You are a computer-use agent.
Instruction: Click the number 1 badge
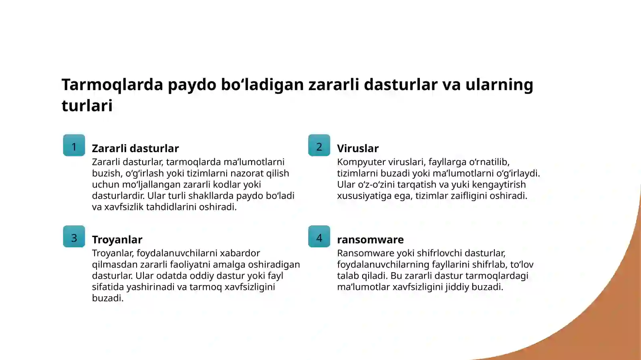point(74,145)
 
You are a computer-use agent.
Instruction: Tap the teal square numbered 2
point(319,145)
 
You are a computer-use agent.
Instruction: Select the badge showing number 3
point(74,237)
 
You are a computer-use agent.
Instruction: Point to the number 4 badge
point(319,237)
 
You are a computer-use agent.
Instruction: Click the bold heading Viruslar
point(358,149)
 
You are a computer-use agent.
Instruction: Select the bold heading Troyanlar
point(117,240)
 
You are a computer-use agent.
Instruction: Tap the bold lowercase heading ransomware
point(370,240)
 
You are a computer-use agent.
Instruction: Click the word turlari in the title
point(87,106)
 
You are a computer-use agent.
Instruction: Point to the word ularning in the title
point(499,85)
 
